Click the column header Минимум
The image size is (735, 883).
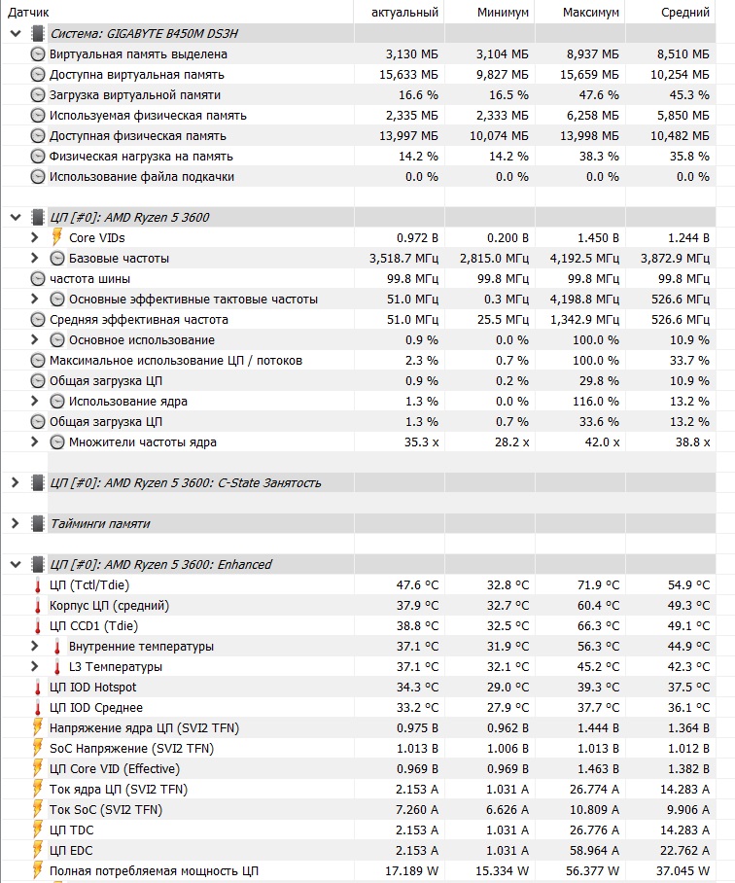[503, 13]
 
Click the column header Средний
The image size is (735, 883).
[685, 13]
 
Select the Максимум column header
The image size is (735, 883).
[590, 13]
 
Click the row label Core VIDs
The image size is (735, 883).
[96, 238]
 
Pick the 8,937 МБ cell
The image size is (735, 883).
[590, 54]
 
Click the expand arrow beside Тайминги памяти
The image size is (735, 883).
[15, 524]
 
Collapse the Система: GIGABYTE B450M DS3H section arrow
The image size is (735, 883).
[15, 34]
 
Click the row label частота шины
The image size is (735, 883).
[89, 279]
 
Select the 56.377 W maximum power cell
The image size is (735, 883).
[589, 871]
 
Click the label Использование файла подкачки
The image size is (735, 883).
[142, 177]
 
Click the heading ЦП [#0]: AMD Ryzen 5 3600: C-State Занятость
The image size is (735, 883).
[185, 483]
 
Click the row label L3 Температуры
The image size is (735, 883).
[115, 667]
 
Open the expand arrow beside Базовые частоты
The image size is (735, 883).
[35, 259]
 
